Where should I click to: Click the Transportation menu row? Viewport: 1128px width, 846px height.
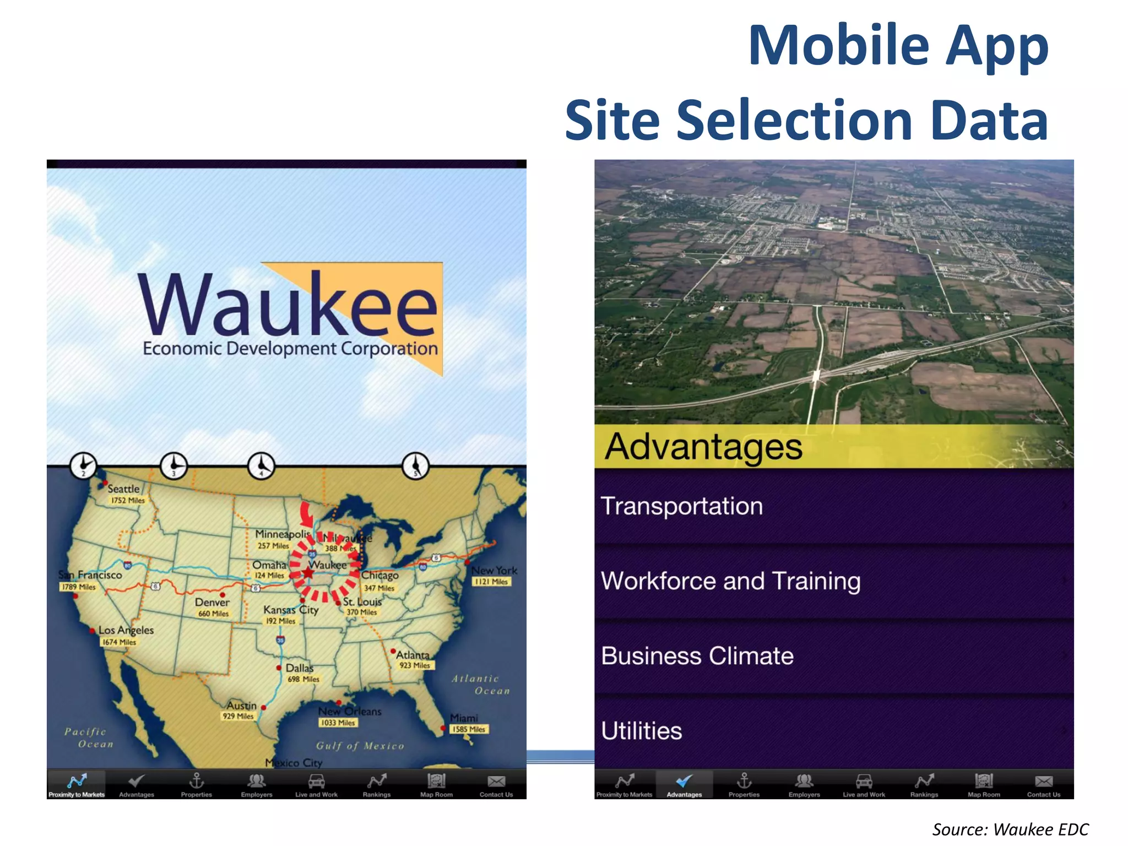tap(834, 506)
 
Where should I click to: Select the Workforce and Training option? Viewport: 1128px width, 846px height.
tap(834, 581)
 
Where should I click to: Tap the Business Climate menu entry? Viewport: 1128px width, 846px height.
tap(834, 656)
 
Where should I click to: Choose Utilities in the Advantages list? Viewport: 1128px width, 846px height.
tap(834, 731)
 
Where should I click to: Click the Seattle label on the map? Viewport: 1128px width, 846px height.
tap(123, 489)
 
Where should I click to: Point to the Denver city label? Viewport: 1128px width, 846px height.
tap(212, 603)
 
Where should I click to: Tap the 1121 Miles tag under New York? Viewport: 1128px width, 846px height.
tap(492, 582)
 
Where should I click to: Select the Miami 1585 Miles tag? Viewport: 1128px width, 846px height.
tap(469, 729)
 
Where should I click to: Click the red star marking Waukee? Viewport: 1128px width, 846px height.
tap(308, 573)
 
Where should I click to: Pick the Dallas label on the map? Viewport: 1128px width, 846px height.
tap(299, 668)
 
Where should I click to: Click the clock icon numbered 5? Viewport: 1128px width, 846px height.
tap(415, 466)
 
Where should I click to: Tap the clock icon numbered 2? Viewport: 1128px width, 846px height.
tap(83, 466)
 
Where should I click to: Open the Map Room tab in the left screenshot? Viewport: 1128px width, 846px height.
tap(436, 784)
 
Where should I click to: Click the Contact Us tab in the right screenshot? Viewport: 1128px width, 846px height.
tap(1043, 784)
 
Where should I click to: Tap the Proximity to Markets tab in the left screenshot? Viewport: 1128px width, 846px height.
tap(77, 784)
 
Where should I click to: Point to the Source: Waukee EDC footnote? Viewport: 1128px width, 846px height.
tap(1010, 829)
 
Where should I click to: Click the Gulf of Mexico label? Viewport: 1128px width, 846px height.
tap(360, 746)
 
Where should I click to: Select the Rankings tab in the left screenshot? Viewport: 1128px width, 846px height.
tap(377, 784)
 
